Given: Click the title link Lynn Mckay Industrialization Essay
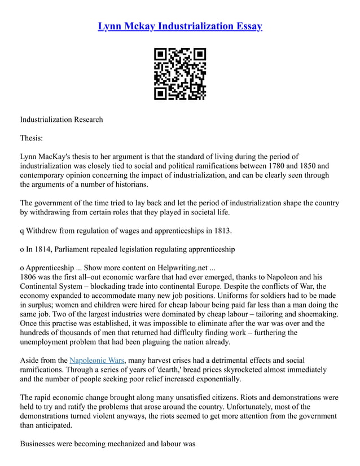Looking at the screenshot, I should pos(180,27).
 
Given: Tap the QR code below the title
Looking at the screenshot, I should pos(180,74).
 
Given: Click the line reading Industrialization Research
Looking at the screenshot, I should pos(62,119).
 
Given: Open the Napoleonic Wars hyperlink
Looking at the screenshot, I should pos(96,360).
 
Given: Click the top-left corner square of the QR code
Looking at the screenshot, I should pos(161,55).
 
